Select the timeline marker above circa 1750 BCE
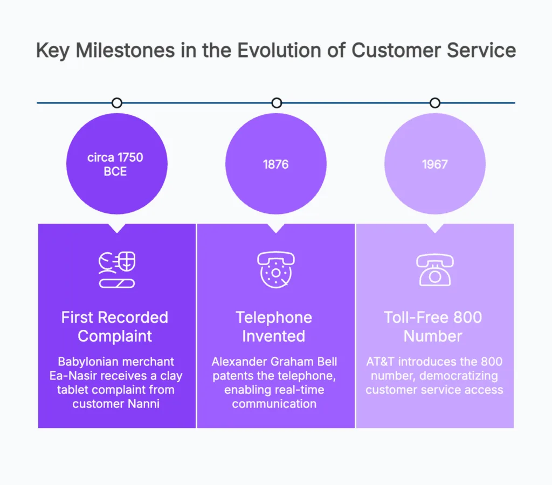116,102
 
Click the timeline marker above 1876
276,102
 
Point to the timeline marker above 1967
434,102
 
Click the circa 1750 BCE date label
116,164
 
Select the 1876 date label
276,164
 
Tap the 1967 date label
434,164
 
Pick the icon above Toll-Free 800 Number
434,269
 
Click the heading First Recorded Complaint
115,327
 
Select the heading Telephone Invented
274,327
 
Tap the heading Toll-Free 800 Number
433,327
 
